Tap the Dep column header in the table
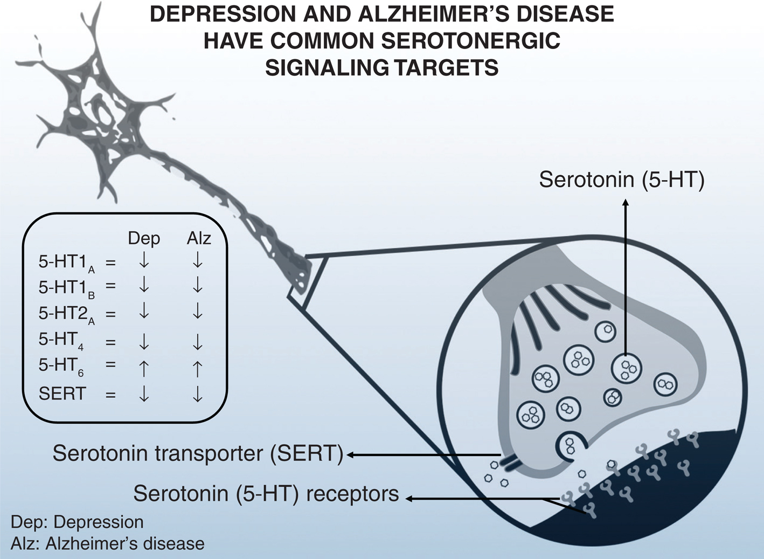(x=144, y=238)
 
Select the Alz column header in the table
(x=198, y=238)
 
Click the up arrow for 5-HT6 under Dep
(x=144, y=368)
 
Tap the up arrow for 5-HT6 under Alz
(x=198, y=368)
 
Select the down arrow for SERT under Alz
(x=198, y=394)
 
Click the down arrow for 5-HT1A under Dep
(x=144, y=261)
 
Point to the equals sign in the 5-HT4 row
(x=110, y=341)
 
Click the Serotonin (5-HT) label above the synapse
(x=622, y=180)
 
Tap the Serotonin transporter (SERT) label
(x=198, y=453)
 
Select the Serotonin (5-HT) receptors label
(x=266, y=493)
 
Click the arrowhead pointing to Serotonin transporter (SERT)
(x=350, y=455)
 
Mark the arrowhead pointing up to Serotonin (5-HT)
(x=626, y=203)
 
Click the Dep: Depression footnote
(x=77, y=522)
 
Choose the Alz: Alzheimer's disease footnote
(x=107, y=543)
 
